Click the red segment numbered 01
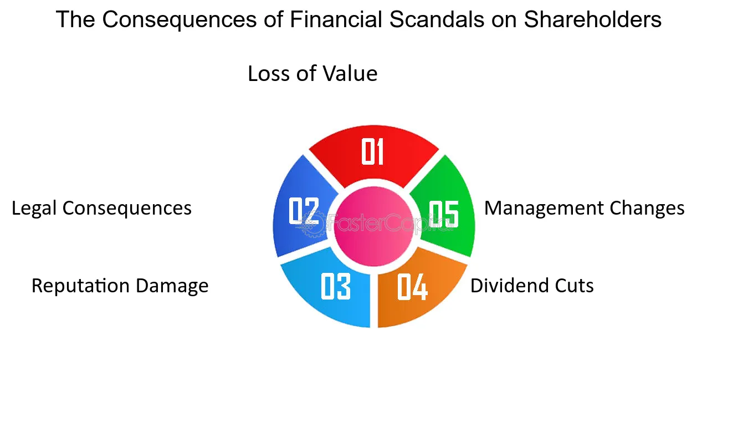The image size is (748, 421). pos(373,153)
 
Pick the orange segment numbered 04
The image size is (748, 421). pos(413,287)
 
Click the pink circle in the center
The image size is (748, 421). pos(374,229)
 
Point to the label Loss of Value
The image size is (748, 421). pos(312,74)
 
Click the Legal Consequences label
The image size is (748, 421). pos(101,208)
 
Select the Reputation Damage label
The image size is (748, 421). pos(120,286)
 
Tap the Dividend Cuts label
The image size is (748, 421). pos(532,286)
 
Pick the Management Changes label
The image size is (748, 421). pos(584,208)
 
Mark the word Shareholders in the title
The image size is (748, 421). pos(592,20)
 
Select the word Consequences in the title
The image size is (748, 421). pos(180,20)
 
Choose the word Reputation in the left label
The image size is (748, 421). pos(81,286)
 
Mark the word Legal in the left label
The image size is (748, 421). pos(34,208)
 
